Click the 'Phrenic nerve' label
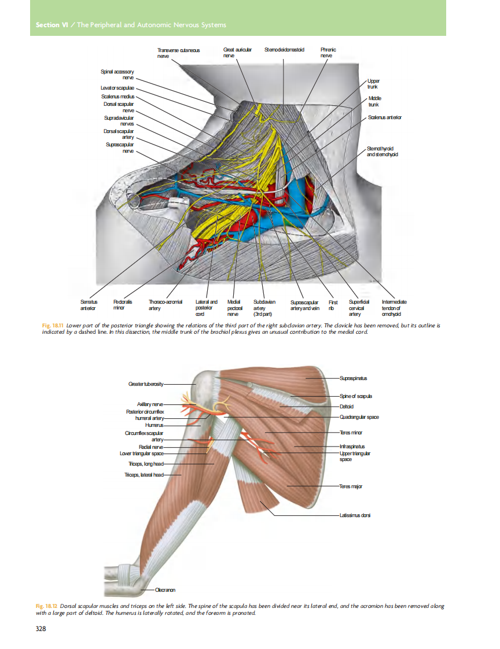tap(328, 53)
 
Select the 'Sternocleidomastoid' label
tap(284, 50)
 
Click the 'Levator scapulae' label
tap(117, 87)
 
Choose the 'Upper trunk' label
tap(373, 84)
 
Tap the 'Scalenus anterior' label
tap(384, 117)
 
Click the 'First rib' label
tap(333, 305)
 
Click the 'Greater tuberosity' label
tap(146, 384)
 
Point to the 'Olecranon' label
tap(165, 591)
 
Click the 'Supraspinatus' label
tap(354, 378)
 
